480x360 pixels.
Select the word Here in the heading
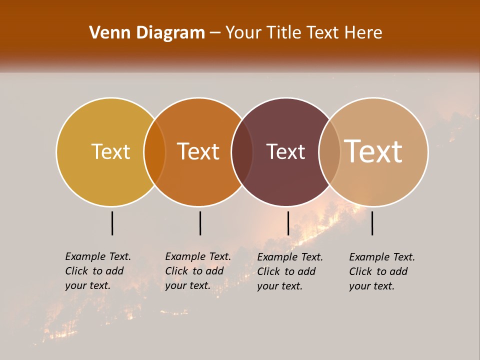tap(363, 33)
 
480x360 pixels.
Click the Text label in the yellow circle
tap(110, 151)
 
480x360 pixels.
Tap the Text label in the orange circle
tap(198, 151)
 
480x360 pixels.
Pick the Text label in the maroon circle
tap(285, 151)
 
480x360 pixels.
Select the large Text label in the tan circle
tap(373, 151)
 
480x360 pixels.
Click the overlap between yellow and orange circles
tap(154, 152)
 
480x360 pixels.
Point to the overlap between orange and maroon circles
tap(242, 152)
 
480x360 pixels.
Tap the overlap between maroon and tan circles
tap(329, 152)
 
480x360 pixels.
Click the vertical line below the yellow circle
tap(112, 223)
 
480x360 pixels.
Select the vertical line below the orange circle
tap(200, 223)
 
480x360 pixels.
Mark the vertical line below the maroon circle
tap(288, 223)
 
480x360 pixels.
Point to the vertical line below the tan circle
tap(372, 223)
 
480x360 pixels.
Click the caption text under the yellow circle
tap(98, 271)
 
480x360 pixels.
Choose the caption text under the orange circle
tap(198, 271)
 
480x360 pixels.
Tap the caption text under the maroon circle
tap(290, 271)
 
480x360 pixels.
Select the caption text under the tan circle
tap(382, 271)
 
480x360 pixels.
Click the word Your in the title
tap(244, 33)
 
